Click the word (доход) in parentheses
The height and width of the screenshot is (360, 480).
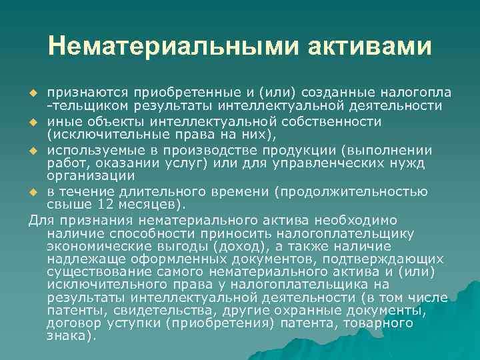(236, 247)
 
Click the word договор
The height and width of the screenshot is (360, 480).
(71, 323)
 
